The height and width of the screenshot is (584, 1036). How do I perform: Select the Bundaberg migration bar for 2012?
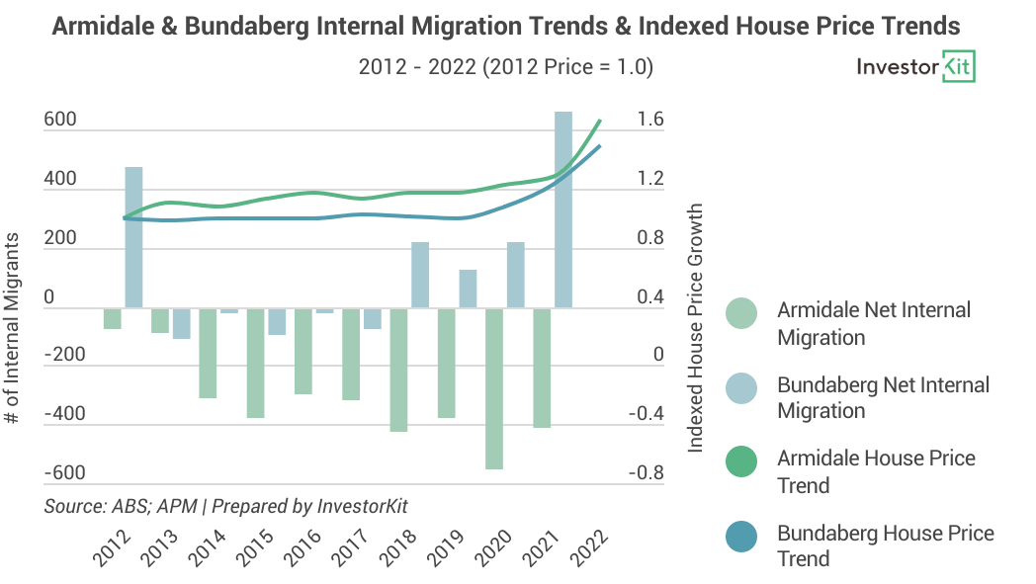(133, 237)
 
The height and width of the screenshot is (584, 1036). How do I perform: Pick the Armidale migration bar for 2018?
(398, 370)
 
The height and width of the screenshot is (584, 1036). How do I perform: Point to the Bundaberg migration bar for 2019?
(468, 289)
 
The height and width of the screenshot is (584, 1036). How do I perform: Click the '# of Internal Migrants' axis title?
(13, 329)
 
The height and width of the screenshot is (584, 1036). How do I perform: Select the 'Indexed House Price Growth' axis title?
(696, 329)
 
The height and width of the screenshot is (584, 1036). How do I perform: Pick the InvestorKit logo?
(915, 68)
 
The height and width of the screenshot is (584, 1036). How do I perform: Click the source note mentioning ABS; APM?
(226, 506)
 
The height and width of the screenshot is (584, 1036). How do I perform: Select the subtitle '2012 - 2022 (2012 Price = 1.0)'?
(505, 67)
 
